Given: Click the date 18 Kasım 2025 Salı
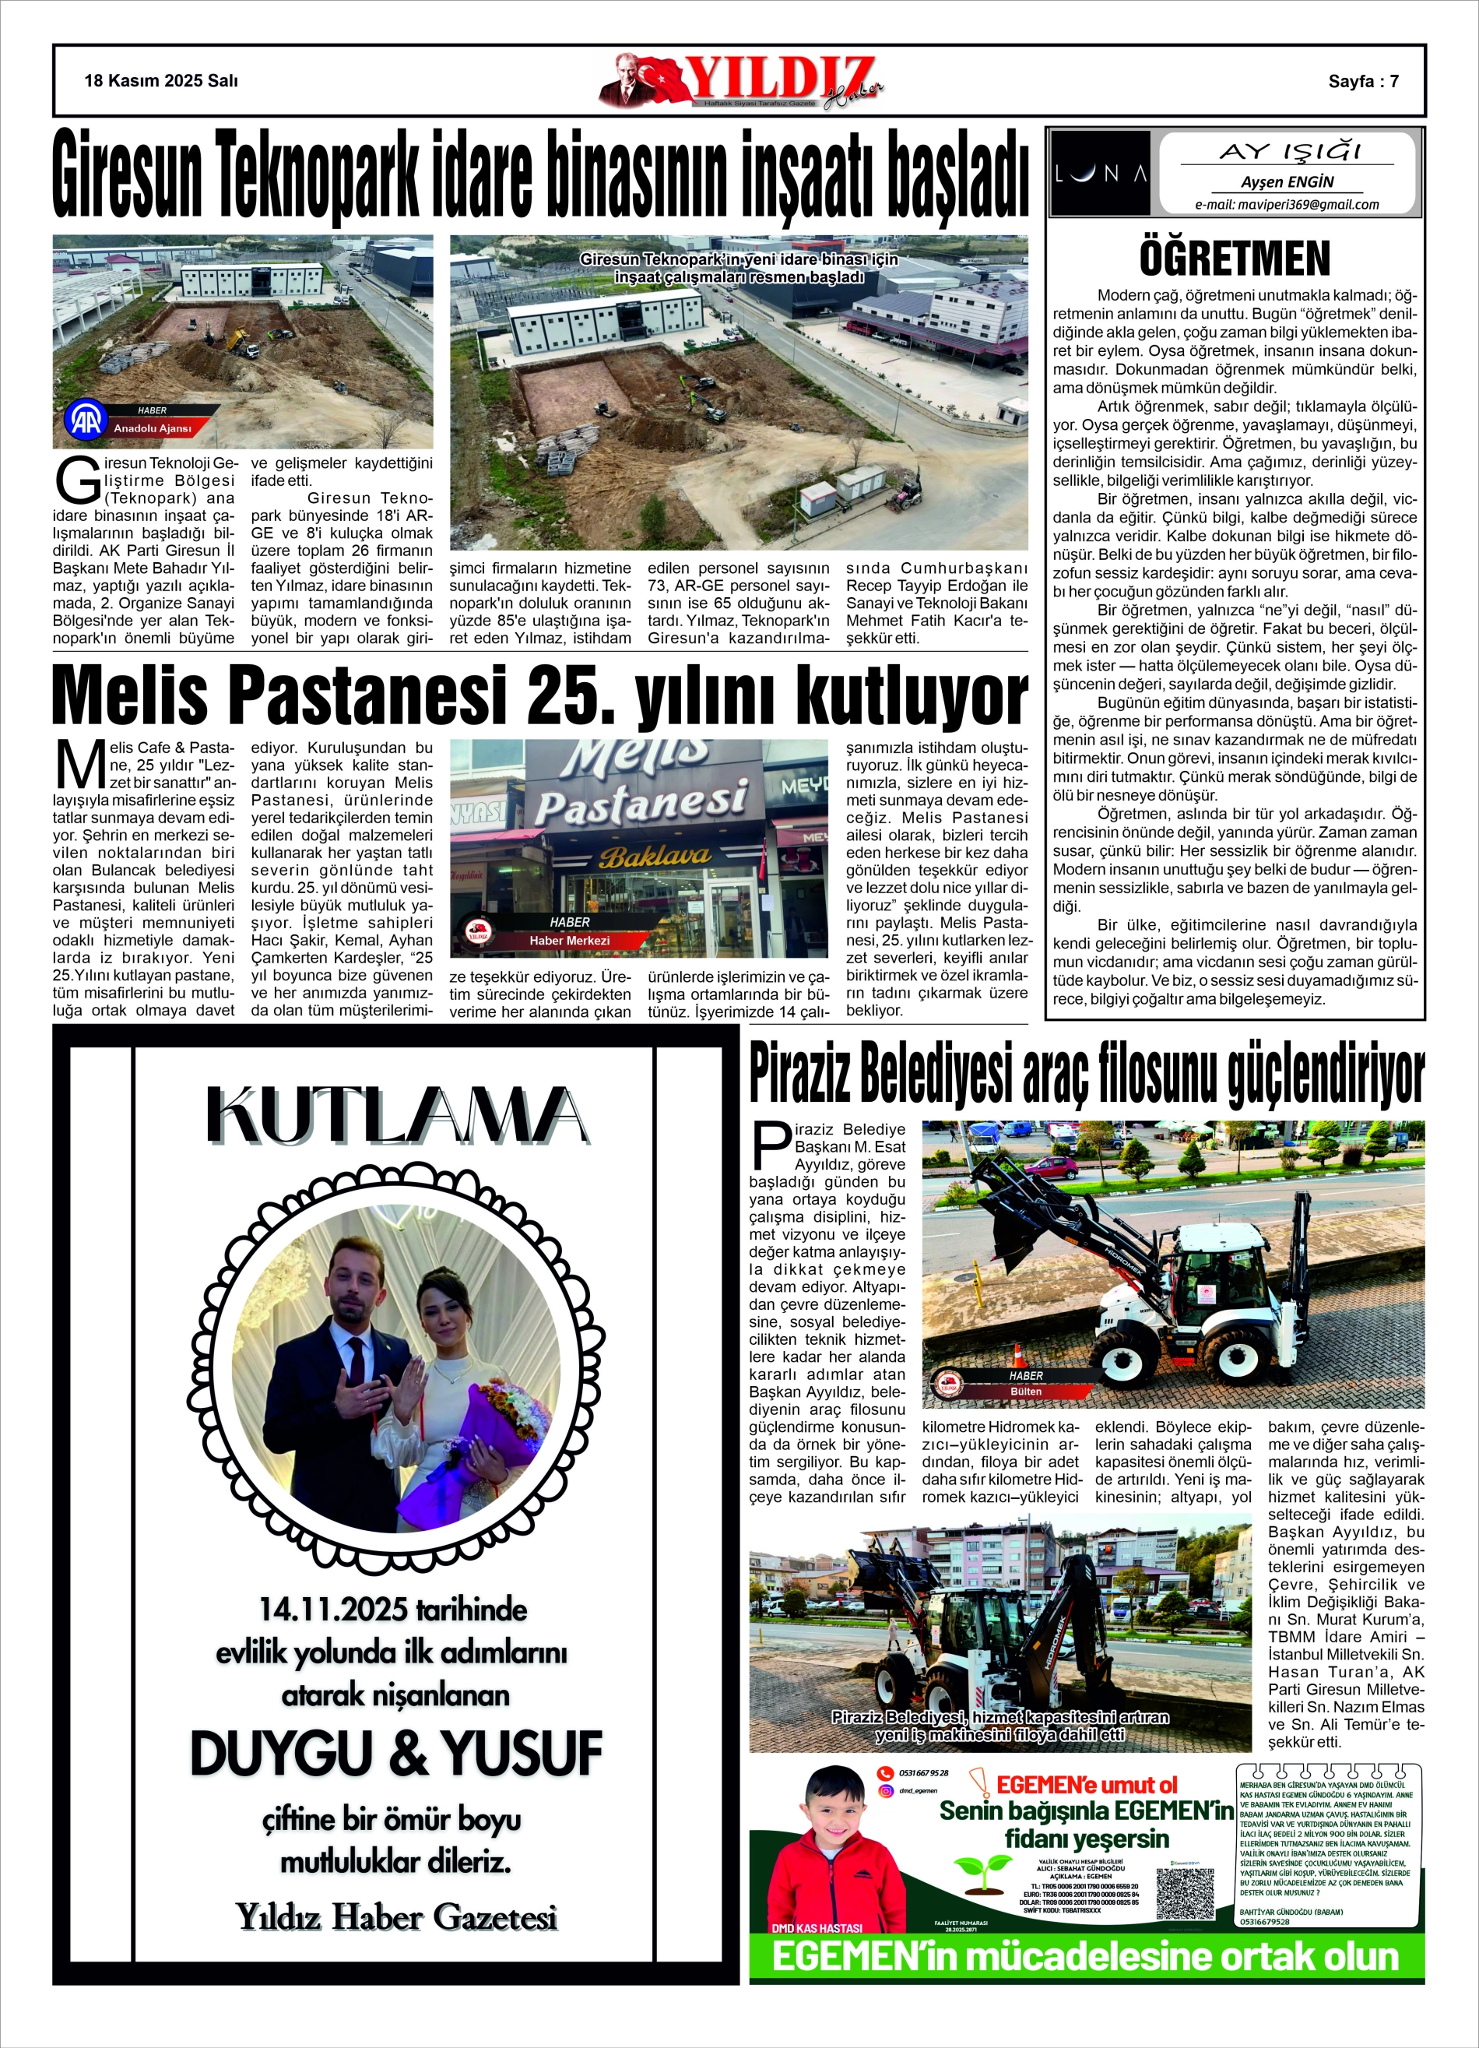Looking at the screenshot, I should (x=160, y=80).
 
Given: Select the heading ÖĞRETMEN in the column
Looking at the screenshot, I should (x=1235, y=259).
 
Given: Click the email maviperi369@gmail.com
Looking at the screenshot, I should (x=1287, y=204).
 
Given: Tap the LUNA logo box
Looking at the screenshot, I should (x=1101, y=174).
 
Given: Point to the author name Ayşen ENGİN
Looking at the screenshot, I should (x=1287, y=181).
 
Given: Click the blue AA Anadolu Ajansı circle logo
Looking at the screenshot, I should (x=86, y=420).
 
